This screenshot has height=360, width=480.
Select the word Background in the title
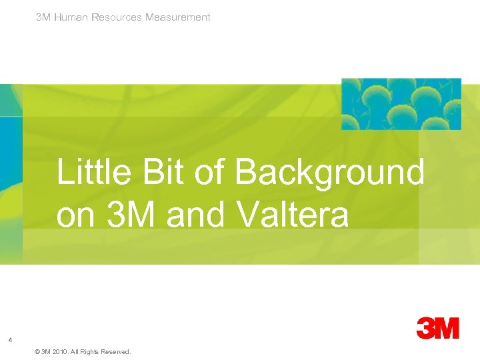tap(329, 173)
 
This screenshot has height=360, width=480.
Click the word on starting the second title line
tap(75, 216)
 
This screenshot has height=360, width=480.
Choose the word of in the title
tap(211, 173)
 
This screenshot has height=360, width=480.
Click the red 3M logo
tap(438, 328)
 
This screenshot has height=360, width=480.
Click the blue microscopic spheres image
tap(401, 104)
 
